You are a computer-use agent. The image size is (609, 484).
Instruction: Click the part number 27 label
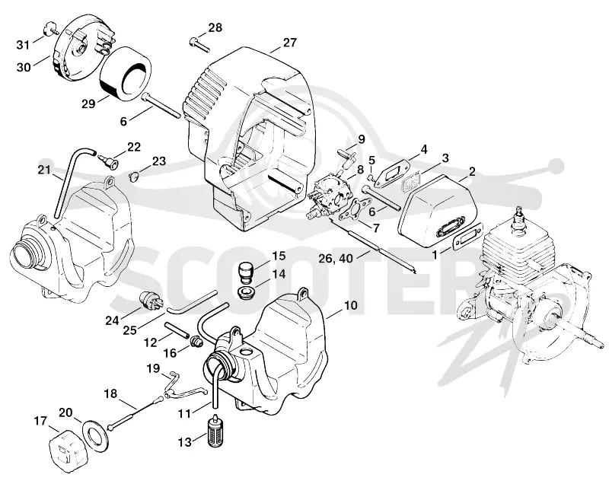click(290, 43)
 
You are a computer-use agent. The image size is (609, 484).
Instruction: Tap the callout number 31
click(23, 45)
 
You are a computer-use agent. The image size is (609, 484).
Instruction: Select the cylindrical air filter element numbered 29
click(125, 74)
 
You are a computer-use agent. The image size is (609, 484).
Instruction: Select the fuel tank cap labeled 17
click(67, 452)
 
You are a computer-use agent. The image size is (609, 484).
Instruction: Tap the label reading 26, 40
click(336, 258)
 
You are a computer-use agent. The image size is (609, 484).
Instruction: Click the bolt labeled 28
click(199, 45)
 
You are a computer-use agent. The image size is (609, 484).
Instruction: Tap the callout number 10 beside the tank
click(350, 305)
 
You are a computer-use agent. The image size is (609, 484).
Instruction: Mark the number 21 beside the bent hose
click(44, 170)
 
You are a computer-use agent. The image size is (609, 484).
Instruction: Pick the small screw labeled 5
click(371, 177)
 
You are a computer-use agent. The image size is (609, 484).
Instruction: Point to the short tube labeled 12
click(177, 330)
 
